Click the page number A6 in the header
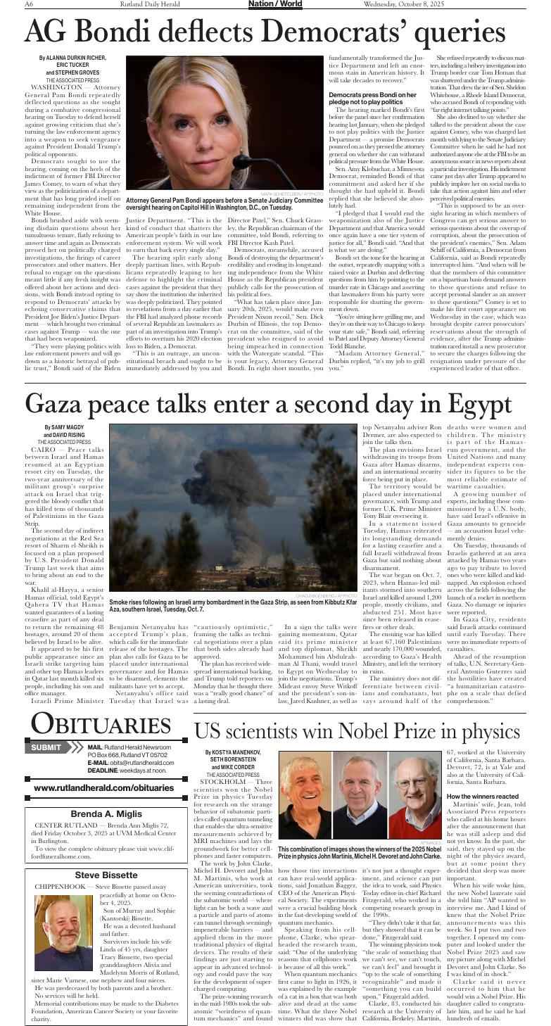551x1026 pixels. [29, 4]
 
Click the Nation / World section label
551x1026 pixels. [275, 4]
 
